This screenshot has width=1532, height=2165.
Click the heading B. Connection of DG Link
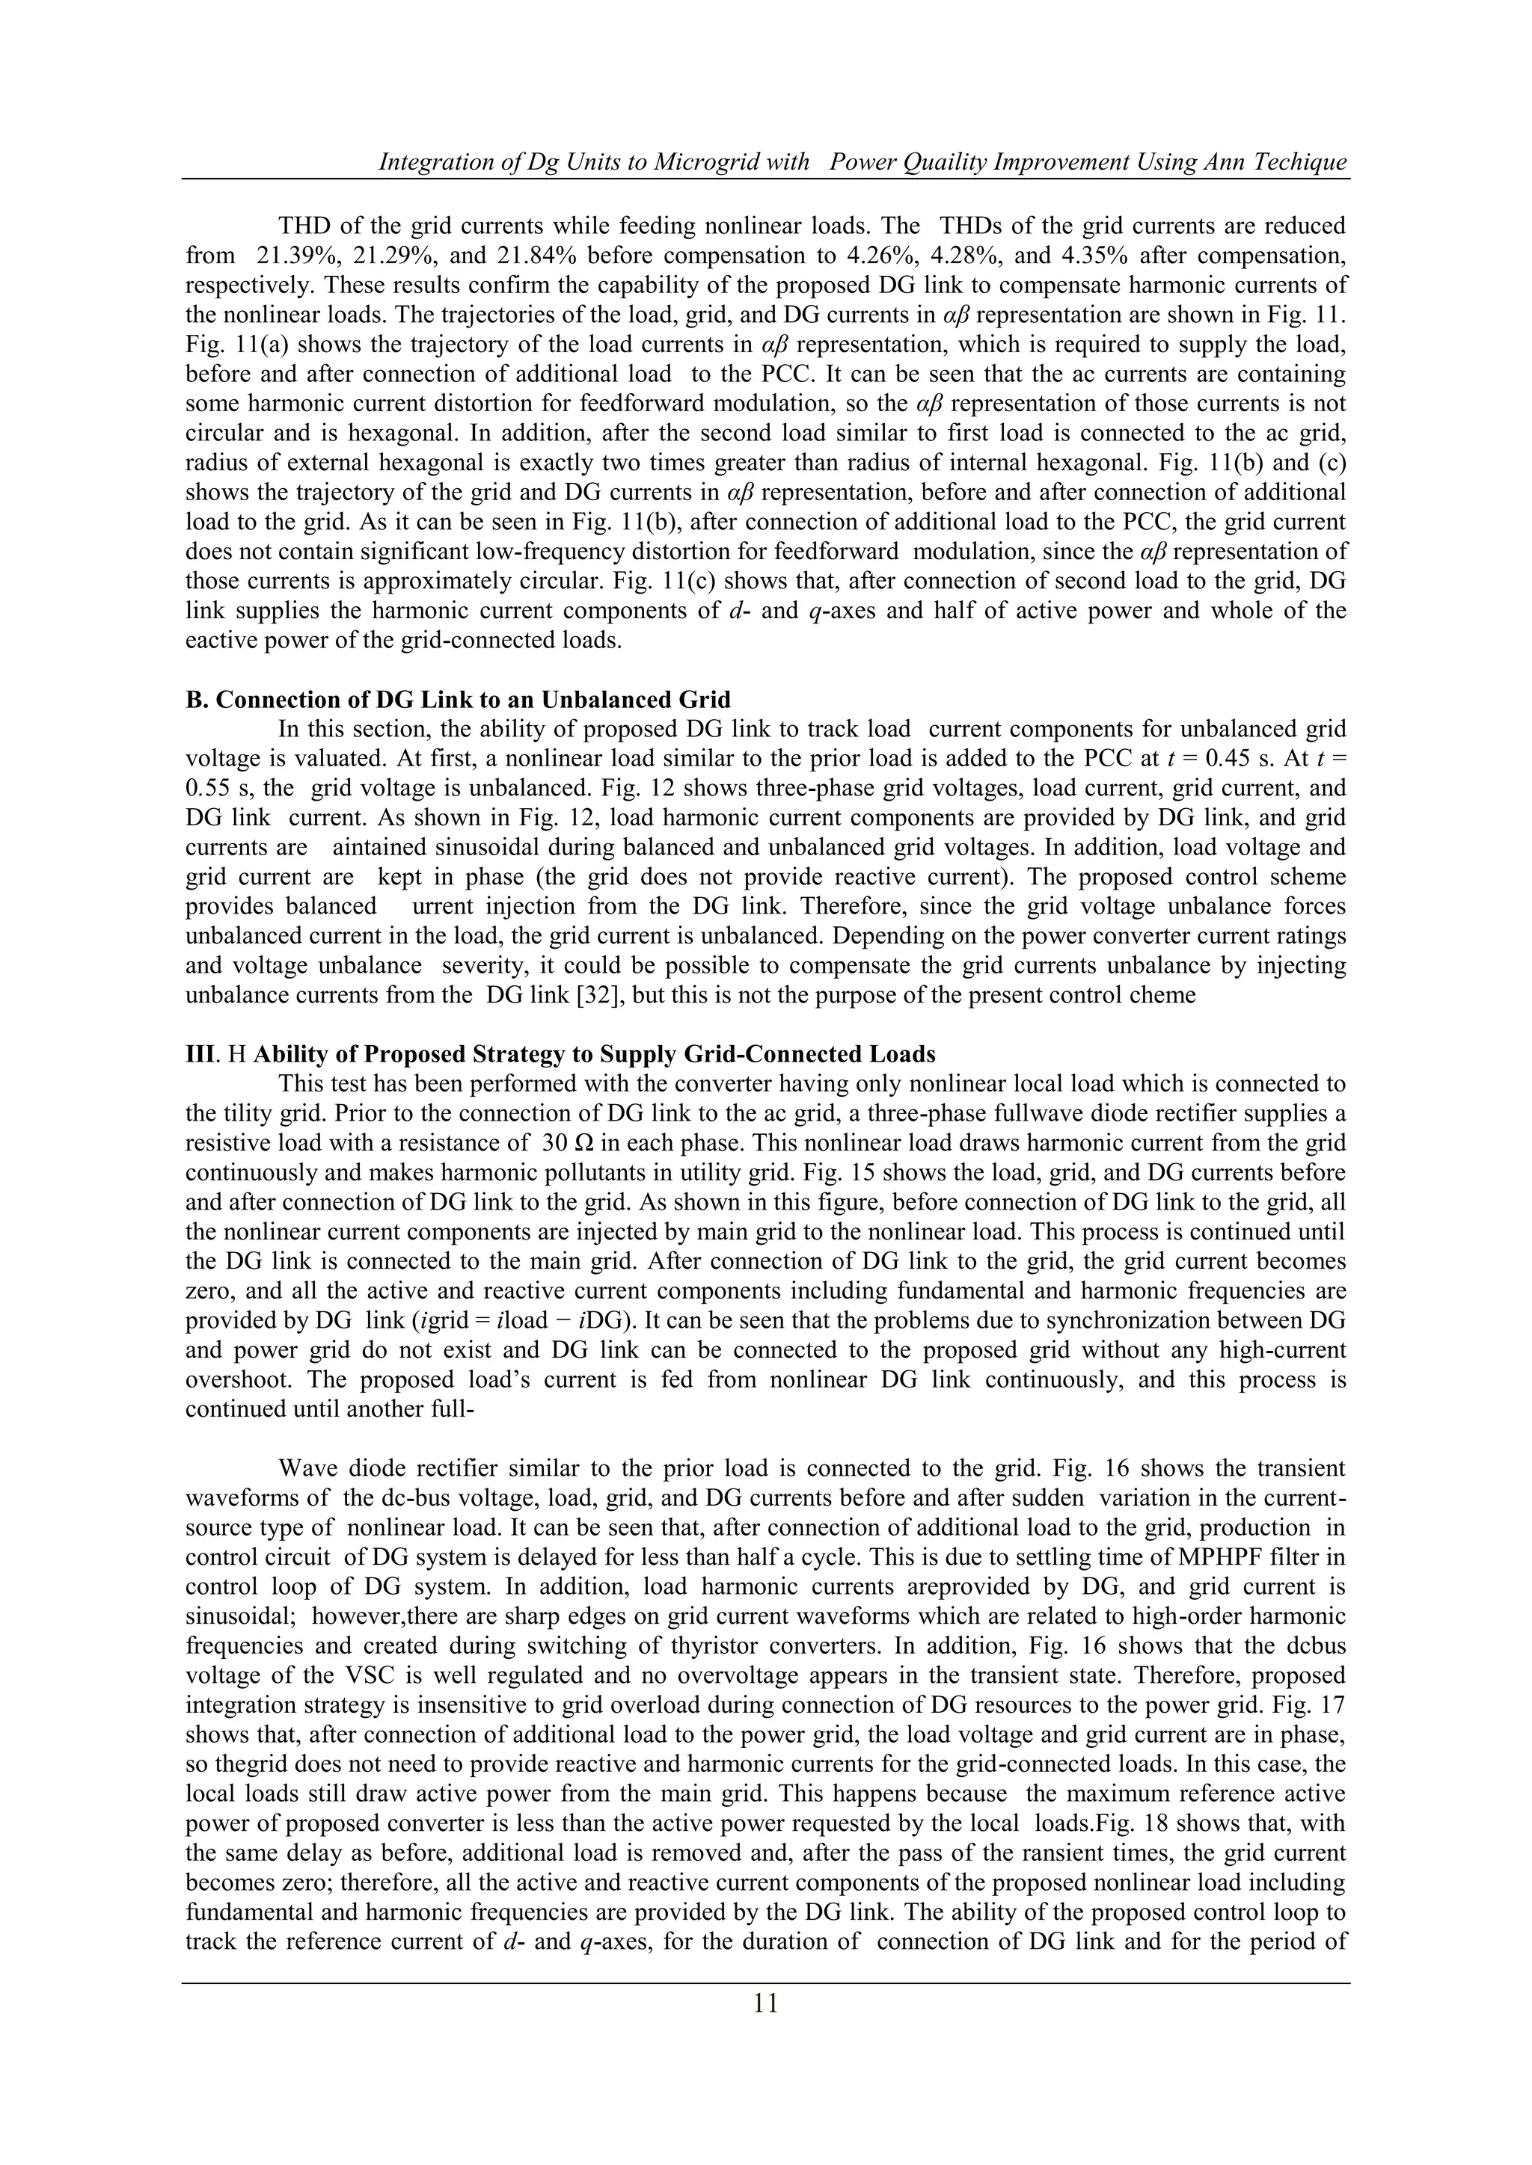click(x=459, y=700)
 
